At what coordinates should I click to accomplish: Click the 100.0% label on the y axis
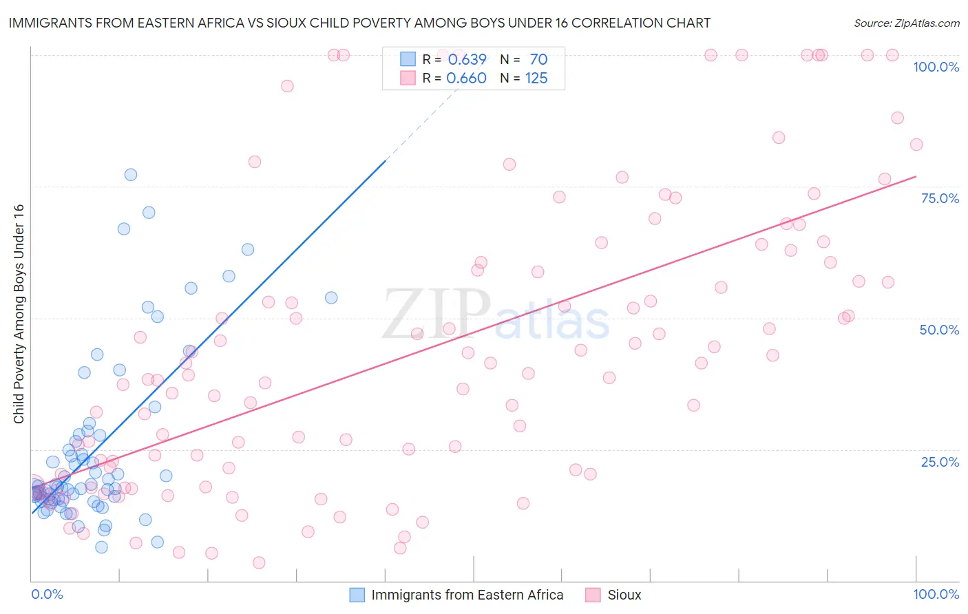[936, 67]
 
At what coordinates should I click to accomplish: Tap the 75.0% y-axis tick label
[940, 198]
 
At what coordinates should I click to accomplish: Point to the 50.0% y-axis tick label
[939, 330]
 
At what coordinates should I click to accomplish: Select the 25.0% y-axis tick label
[940, 462]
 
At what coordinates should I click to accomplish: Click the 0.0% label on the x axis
[47, 594]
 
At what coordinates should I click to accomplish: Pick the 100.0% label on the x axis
[936, 594]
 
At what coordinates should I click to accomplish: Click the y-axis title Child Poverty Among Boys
[19, 314]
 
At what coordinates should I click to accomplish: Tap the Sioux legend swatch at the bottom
[593, 595]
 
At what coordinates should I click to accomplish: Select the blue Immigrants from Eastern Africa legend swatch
[357, 595]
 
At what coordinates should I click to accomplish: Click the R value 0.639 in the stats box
[467, 60]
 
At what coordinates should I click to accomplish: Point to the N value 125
[536, 78]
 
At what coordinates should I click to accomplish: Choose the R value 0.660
[467, 78]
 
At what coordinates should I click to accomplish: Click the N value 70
[538, 60]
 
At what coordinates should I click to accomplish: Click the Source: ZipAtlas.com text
[906, 23]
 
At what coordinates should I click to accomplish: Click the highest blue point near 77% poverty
[130, 175]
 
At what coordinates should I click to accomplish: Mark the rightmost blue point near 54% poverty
[331, 298]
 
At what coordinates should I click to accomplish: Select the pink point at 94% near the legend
[287, 86]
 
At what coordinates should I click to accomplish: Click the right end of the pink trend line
[916, 177]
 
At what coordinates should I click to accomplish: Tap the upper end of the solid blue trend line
[385, 160]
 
